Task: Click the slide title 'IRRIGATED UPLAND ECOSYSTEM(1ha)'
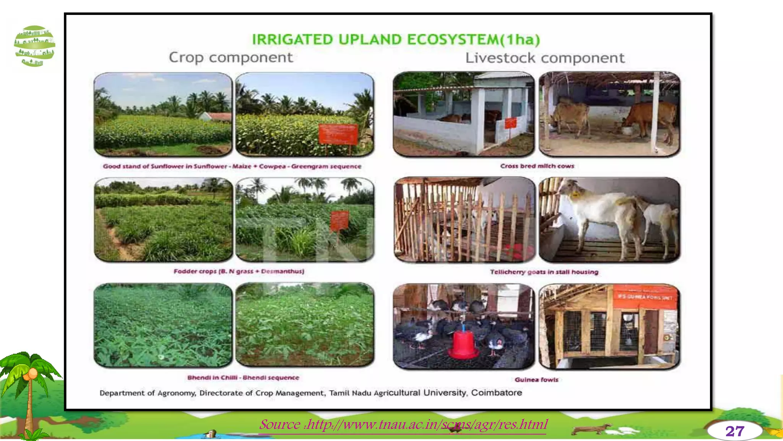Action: [396, 39]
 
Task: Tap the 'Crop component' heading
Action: [231, 57]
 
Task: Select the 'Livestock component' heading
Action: [544, 58]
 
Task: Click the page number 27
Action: [734, 431]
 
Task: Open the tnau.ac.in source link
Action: [403, 425]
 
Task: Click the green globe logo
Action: [34, 46]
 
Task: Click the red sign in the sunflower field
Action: [338, 134]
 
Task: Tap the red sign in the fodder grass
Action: [340, 220]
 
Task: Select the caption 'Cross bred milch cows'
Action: [537, 166]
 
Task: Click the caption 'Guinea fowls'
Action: [536, 380]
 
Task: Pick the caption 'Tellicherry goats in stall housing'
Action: [544, 272]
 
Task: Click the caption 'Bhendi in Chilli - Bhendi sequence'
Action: [243, 378]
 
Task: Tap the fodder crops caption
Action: [239, 271]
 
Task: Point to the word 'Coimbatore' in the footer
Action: [496, 393]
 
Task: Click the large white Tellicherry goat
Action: [600, 214]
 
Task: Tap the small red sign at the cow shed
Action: [510, 123]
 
